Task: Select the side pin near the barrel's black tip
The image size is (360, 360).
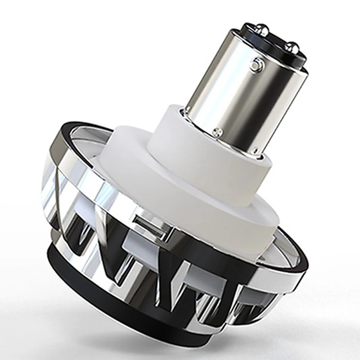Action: [x=257, y=64]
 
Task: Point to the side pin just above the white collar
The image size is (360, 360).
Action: [x=218, y=132]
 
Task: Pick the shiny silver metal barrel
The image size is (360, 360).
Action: [x=234, y=85]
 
